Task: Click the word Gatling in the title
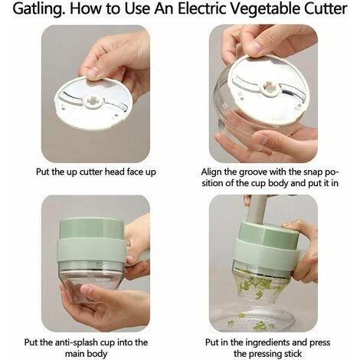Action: coord(38,9)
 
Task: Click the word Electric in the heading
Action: coord(201,8)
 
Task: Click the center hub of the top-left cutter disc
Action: coord(93,100)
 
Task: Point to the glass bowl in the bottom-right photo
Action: coord(253,318)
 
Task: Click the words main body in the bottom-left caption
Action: coord(86,354)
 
